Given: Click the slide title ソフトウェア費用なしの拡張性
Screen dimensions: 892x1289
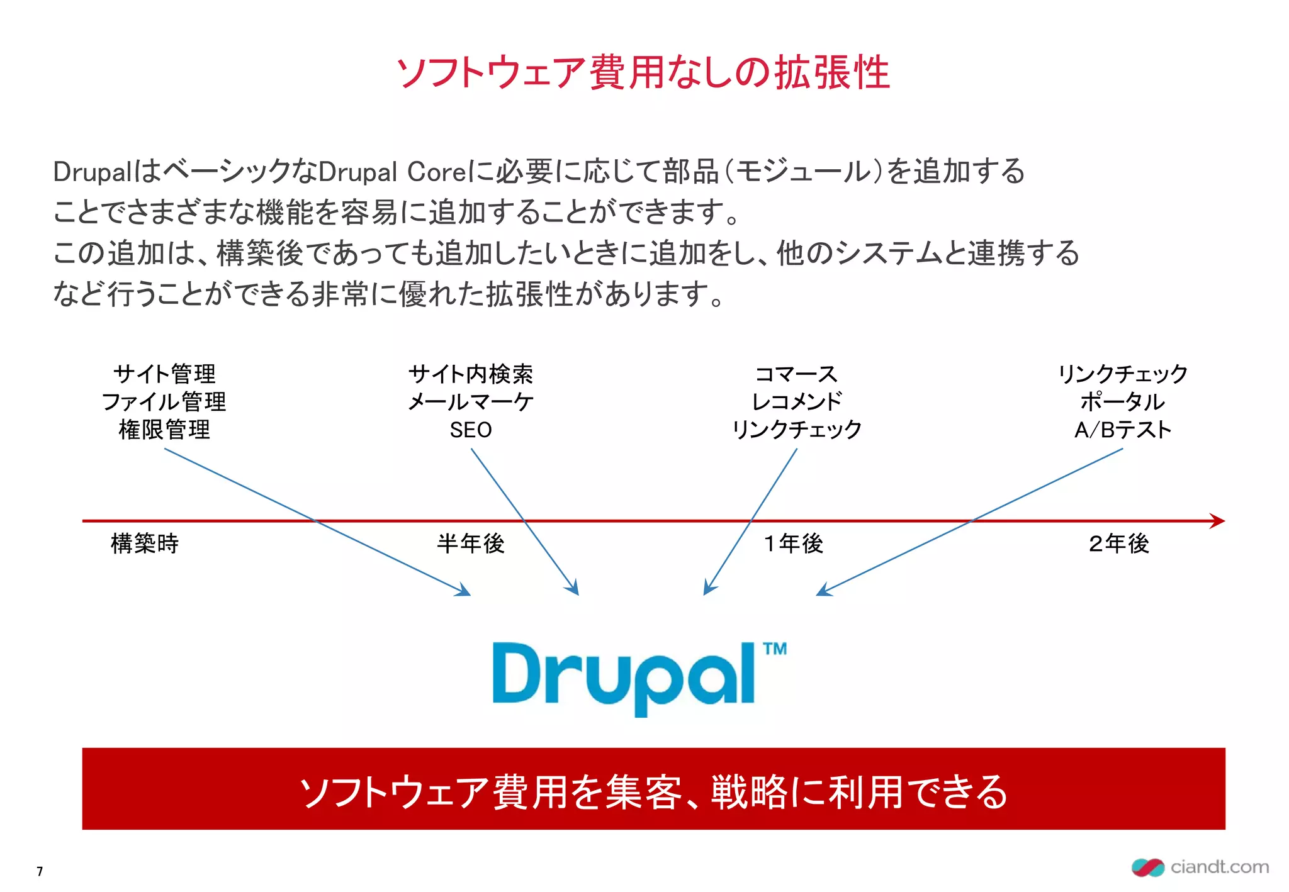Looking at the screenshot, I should coord(643,72).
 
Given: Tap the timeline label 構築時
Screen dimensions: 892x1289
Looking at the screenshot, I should coord(145,544).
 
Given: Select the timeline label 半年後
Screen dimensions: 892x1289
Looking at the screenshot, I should coord(471,544).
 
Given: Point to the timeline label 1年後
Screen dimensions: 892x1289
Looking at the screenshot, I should coord(793,544).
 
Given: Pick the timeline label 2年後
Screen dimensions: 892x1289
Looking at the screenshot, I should coord(1118,544).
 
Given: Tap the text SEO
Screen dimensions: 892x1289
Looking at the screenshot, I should coord(471,430).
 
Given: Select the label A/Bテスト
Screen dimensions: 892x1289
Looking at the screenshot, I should coord(1123,430).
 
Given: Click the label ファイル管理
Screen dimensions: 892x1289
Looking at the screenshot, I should coord(164,402).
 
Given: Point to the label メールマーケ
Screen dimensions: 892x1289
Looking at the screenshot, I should coord(471,402).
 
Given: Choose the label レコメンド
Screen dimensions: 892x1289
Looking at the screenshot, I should coord(797,402).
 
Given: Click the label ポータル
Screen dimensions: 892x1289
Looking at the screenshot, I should coord(1123,402).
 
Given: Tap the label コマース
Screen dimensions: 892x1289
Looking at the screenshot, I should coord(797,374).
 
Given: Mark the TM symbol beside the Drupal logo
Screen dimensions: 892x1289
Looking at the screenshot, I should coord(775,649).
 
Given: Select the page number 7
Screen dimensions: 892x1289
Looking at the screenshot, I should coord(40,871).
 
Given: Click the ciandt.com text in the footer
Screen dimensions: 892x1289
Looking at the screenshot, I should coord(1219,867).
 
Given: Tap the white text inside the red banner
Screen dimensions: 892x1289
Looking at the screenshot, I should coord(653,791).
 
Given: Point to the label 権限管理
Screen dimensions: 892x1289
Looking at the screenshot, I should coord(164,430).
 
